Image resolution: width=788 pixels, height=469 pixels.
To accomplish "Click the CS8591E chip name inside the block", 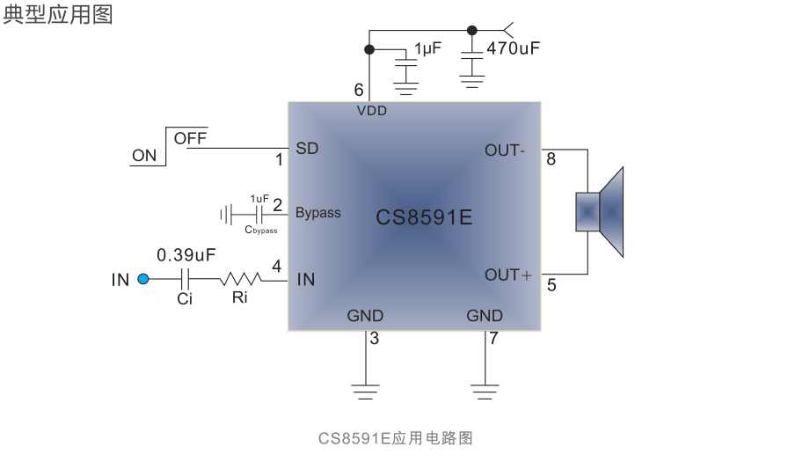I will pos(424,216).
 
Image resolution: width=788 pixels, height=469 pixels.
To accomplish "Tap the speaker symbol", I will pos(601,212).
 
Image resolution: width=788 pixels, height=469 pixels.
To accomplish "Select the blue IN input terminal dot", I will pos(144,280).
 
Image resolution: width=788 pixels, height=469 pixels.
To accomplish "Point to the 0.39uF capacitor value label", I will pos(186,255).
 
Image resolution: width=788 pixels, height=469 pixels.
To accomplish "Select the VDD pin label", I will pos(371,111).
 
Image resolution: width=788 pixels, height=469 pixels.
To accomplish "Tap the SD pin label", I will pos(307,149).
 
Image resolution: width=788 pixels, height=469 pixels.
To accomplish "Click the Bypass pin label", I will pos(317,213).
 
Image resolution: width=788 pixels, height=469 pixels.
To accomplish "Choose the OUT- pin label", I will pos(504,150).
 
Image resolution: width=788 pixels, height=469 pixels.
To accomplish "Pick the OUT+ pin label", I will pos(507,275).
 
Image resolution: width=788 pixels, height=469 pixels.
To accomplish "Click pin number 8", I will pos(551,159).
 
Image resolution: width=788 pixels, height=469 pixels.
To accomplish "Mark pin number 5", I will pos(551,285).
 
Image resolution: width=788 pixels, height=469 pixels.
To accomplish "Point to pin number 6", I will pos(358,90).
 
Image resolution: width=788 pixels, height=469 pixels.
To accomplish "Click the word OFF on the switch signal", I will pos(190,138).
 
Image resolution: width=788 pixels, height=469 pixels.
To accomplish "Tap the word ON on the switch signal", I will pos(144,157).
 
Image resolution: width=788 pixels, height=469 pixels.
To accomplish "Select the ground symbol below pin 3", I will pos(365,391).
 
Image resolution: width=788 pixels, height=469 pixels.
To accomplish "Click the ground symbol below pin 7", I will pos(485,391).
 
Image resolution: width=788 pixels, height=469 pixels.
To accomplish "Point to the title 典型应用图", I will pos(58,15).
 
